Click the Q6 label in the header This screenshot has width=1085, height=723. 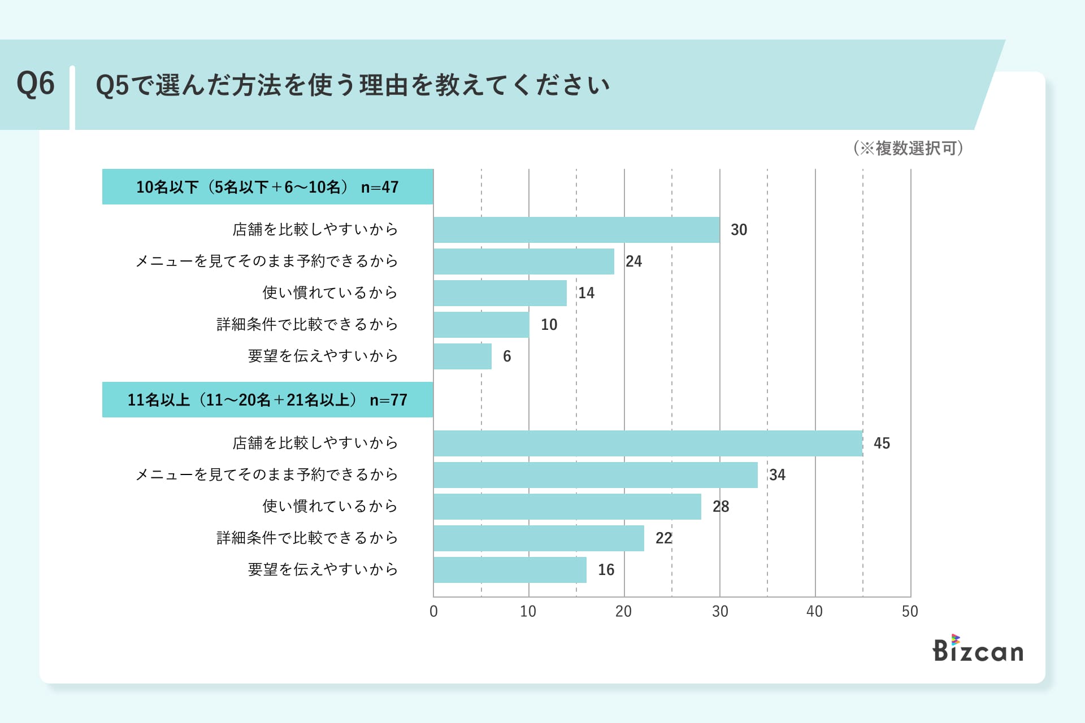click(x=36, y=84)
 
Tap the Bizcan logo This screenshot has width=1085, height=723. click(x=978, y=649)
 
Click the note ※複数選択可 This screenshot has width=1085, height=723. click(x=908, y=148)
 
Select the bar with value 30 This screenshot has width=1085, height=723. click(x=576, y=230)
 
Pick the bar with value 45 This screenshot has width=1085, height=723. click(x=648, y=443)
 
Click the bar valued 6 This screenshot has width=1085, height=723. click(x=462, y=356)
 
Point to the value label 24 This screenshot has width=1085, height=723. click(x=633, y=262)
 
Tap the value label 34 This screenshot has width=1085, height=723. click(x=777, y=475)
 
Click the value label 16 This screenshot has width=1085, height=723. click(x=606, y=570)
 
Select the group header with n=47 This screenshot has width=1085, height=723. click(x=267, y=187)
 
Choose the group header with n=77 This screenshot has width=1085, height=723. click(x=267, y=400)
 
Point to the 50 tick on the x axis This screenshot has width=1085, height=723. click(x=910, y=612)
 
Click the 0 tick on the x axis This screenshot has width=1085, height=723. click(x=433, y=612)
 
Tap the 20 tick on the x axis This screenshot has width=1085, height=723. click(x=623, y=612)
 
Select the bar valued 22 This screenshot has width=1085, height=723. click(x=539, y=538)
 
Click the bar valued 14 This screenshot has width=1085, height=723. click(x=500, y=293)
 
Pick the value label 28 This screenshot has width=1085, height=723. click(x=721, y=507)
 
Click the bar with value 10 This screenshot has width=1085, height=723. click(x=481, y=325)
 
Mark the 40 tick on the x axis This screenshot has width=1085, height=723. click(x=814, y=612)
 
